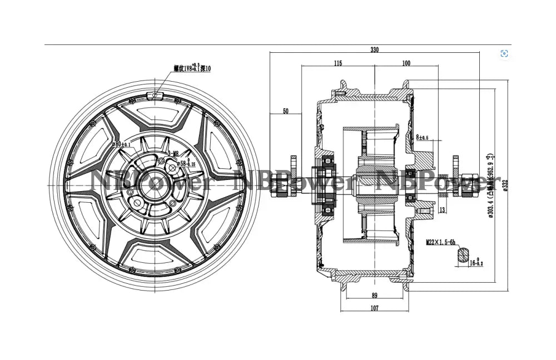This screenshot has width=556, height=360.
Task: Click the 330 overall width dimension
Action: click(x=374, y=49)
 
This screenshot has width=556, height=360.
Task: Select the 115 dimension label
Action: click(x=337, y=63)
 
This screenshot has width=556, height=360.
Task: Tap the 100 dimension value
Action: click(x=406, y=63)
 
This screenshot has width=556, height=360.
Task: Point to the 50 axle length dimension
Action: click(x=285, y=112)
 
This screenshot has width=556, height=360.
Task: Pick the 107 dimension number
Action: click(x=374, y=308)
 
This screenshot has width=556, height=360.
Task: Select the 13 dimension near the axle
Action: click(x=441, y=209)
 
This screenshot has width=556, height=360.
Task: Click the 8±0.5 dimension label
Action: click(x=422, y=137)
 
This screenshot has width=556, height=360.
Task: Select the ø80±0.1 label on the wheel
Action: click(x=121, y=144)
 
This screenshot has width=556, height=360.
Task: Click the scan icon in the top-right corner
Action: click(x=504, y=53)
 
